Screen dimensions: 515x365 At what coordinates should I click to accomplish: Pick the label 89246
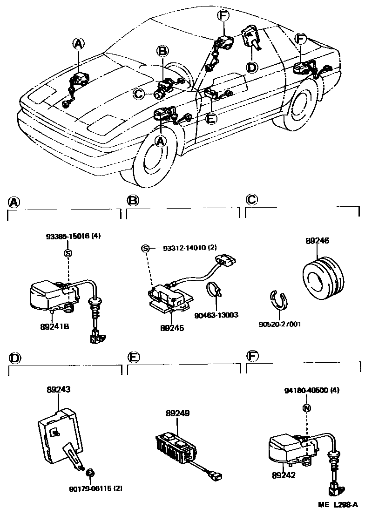(x=317, y=241)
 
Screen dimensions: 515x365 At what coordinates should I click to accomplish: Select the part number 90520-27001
(x=280, y=323)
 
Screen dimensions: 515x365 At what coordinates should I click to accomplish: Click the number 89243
(x=59, y=389)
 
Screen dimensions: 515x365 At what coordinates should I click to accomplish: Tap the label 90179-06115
(x=90, y=488)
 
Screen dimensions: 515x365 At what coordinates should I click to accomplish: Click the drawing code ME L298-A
(x=338, y=504)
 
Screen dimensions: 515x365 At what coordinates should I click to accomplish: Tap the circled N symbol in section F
(x=306, y=408)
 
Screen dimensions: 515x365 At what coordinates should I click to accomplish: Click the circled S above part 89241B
(x=68, y=253)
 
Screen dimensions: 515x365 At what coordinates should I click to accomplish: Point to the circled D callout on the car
(x=251, y=68)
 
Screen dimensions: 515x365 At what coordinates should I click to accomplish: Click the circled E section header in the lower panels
(x=134, y=357)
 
